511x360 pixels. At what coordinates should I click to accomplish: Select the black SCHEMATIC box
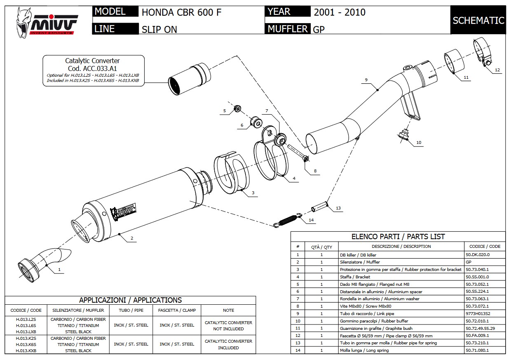click(x=478, y=20)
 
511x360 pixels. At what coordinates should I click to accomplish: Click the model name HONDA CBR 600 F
click(x=181, y=12)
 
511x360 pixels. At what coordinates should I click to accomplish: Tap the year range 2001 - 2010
click(x=339, y=12)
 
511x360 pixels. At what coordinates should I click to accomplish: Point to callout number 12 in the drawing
click(x=497, y=70)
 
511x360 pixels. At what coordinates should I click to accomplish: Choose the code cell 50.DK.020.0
click(x=477, y=255)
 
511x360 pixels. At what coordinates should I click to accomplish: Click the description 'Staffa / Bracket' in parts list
click(x=355, y=277)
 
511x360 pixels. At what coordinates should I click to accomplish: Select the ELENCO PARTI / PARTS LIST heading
click(x=398, y=237)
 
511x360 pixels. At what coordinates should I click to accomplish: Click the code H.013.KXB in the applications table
click(x=26, y=351)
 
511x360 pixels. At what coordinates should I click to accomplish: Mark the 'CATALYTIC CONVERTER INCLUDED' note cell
click(x=228, y=344)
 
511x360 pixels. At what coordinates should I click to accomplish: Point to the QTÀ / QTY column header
click(x=321, y=247)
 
